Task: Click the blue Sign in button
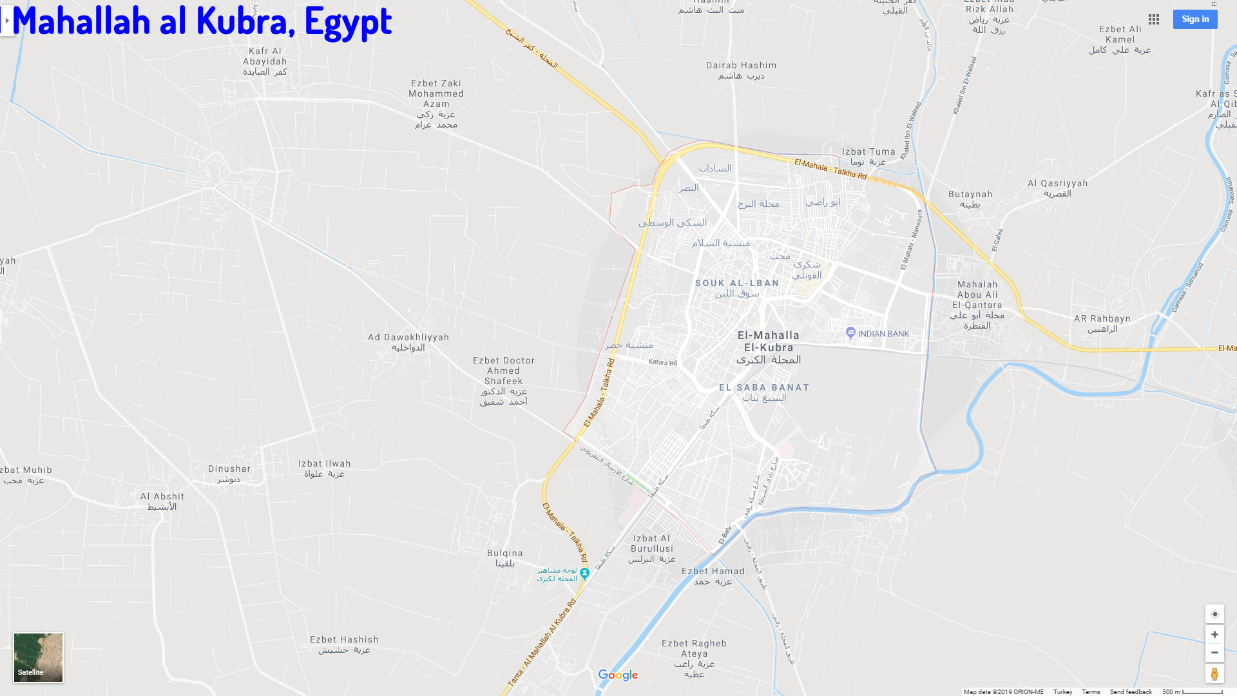[x=1195, y=19]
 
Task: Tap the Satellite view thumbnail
[x=39, y=657]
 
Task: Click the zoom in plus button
[x=1214, y=635]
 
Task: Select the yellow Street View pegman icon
[x=1214, y=674]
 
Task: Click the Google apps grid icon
[x=1154, y=19]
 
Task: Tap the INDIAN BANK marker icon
[x=850, y=333]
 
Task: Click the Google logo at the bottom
[x=618, y=675]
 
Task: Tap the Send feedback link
[x=1131, y=691]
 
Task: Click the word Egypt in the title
[x=348, y=21]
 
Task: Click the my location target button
[x=1214, y=614]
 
